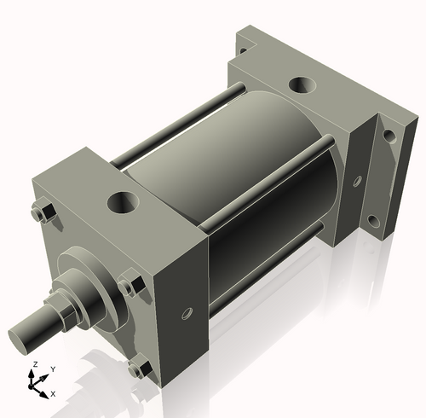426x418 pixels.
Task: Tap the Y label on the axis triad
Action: tap(53, 369)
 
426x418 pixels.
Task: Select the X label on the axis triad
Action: tap(53, 393)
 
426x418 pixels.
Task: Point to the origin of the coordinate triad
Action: tap(35, 386)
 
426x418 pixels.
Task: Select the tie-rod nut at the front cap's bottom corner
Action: tap(139, 369)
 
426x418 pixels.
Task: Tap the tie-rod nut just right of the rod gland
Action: tap(130, 283)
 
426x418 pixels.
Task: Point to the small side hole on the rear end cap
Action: tap(356, 180)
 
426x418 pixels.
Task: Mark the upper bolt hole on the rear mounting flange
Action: tap(389, 135)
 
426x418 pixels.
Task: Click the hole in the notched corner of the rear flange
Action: tap(244, 49)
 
